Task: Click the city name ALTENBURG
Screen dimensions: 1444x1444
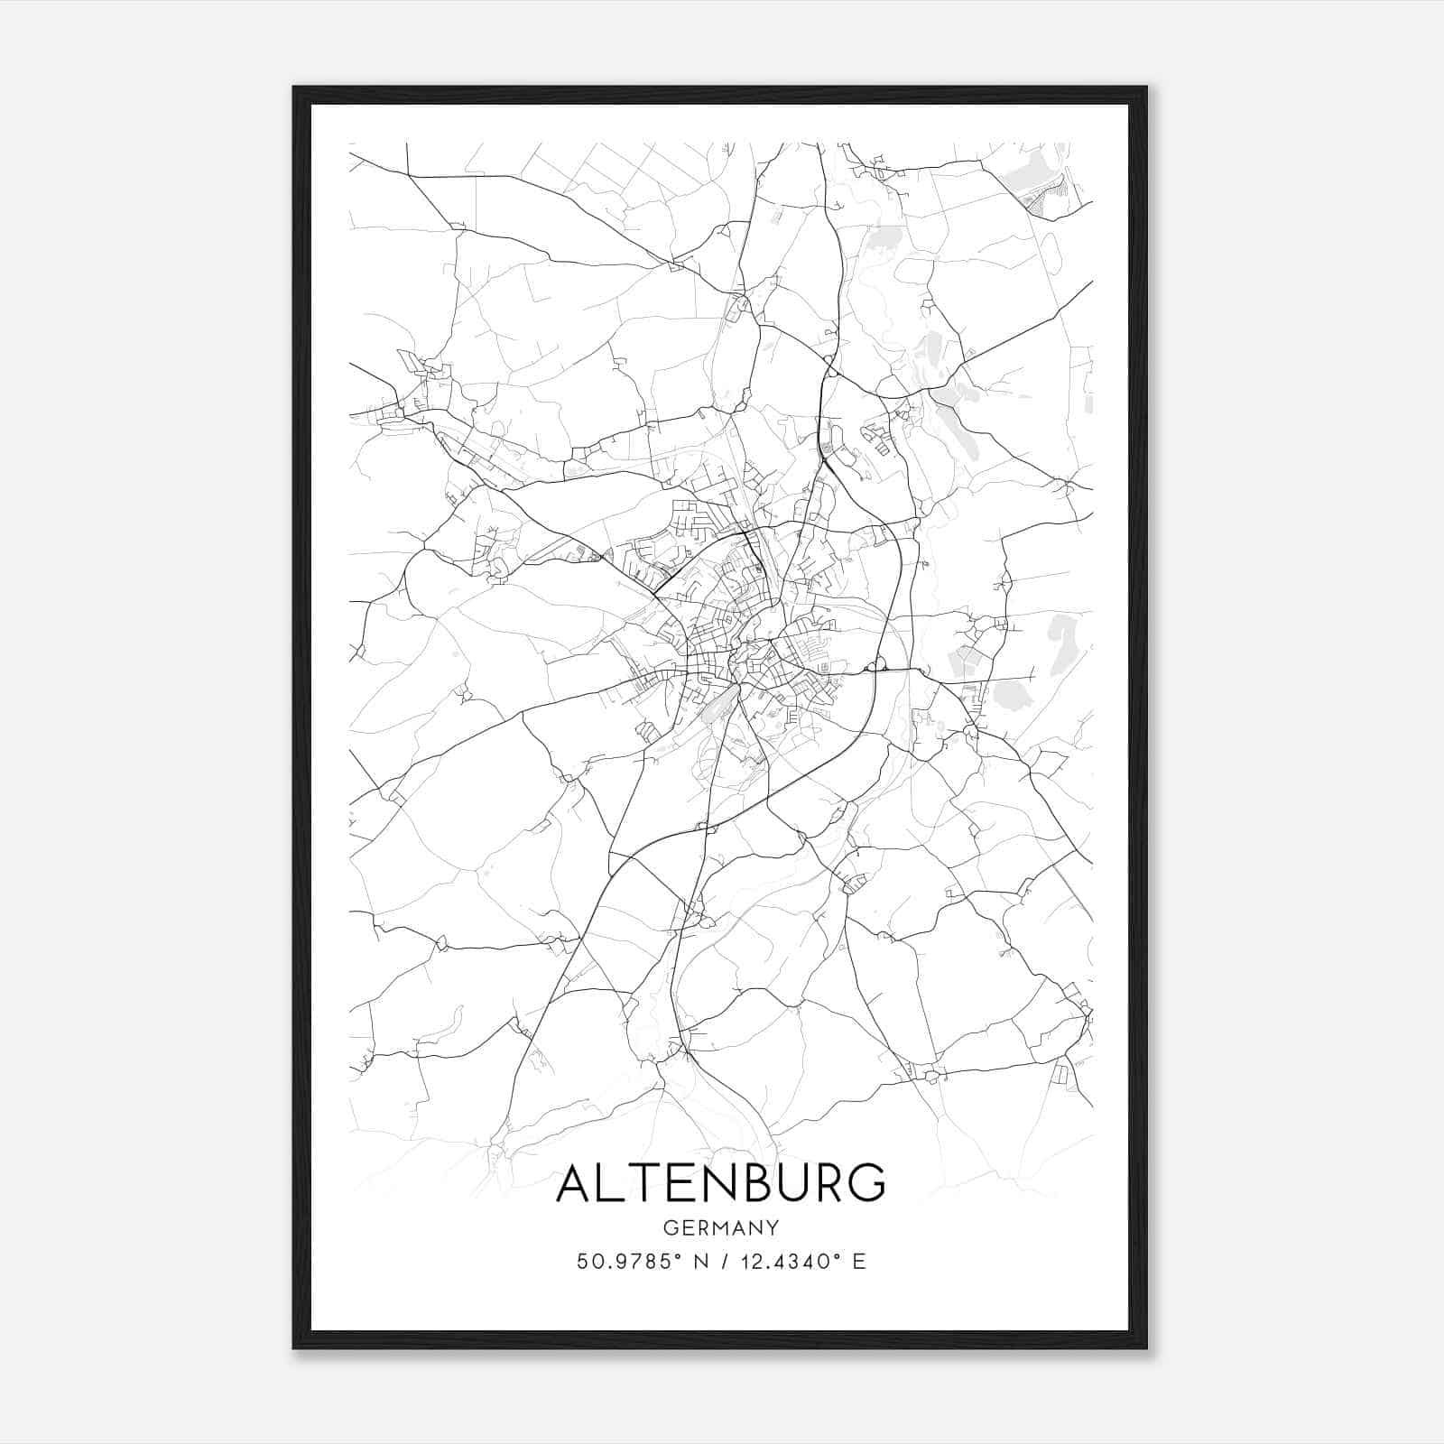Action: point(720,1183)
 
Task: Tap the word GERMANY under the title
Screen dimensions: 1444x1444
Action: point(720,1227)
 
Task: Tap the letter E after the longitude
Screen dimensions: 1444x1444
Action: point(858,1262)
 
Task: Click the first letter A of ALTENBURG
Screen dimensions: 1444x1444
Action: point(577,1183)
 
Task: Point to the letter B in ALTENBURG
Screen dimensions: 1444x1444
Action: point(753,1183)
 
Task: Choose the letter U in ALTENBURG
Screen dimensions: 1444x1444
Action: point(788,1183)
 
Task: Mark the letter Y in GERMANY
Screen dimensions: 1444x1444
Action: point(772,1227)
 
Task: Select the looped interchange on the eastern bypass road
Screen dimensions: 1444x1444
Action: point(874,668)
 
